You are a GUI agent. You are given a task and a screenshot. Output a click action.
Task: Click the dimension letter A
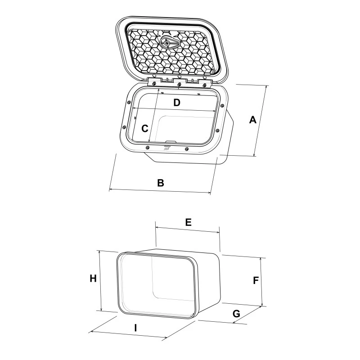[x=253, y=120]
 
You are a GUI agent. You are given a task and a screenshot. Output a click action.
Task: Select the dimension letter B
[x=160, y=183]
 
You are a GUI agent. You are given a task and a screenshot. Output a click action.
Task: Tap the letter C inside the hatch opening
[x=144, y=128]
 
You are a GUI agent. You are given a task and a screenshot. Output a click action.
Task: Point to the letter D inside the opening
[x=177, y=103]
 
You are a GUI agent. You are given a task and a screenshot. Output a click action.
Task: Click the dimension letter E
[x=189, y=222]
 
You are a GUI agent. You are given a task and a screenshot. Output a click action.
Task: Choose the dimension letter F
[x=255, y=280]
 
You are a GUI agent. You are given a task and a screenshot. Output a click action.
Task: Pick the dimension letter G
[x=236, y=314]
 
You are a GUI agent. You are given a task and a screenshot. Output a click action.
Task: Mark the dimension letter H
[x=93, y=279]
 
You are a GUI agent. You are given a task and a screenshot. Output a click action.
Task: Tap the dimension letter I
[x=135, y=328]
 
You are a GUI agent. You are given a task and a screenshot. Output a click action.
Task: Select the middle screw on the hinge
[x=179, y=84]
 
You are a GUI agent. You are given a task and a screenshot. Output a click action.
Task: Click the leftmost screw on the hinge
[x=154, y=84]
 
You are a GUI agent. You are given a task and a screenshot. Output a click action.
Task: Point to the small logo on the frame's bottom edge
[x=166, y=147]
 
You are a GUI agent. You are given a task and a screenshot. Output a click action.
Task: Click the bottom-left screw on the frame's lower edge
[x=148, y=146]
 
